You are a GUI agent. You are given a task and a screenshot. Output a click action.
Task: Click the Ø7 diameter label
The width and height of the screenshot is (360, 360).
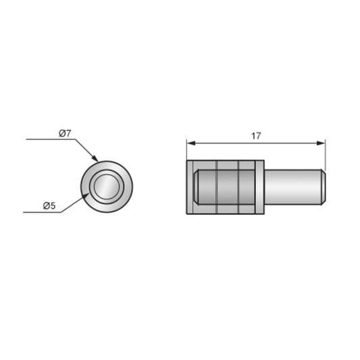click(x=65, y=133)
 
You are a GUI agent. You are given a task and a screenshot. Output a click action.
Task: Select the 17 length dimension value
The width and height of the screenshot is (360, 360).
click(x=256, y=136)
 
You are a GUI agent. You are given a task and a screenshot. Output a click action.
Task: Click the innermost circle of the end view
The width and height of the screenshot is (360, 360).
click(x=107, y=186)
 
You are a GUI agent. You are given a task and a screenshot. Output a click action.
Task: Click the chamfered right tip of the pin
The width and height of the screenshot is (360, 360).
click(x=324, y=187)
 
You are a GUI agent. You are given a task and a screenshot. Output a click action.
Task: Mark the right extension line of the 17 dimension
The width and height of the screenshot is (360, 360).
click(x=326, y=155)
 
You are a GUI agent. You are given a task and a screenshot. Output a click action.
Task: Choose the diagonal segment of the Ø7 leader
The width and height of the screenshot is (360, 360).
click(x=85, y=149)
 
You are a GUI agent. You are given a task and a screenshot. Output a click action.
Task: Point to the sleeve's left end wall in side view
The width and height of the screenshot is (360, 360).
click(x=189, y=187)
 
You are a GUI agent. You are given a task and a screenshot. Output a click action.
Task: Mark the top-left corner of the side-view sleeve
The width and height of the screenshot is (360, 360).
click(x=186, y=161)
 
